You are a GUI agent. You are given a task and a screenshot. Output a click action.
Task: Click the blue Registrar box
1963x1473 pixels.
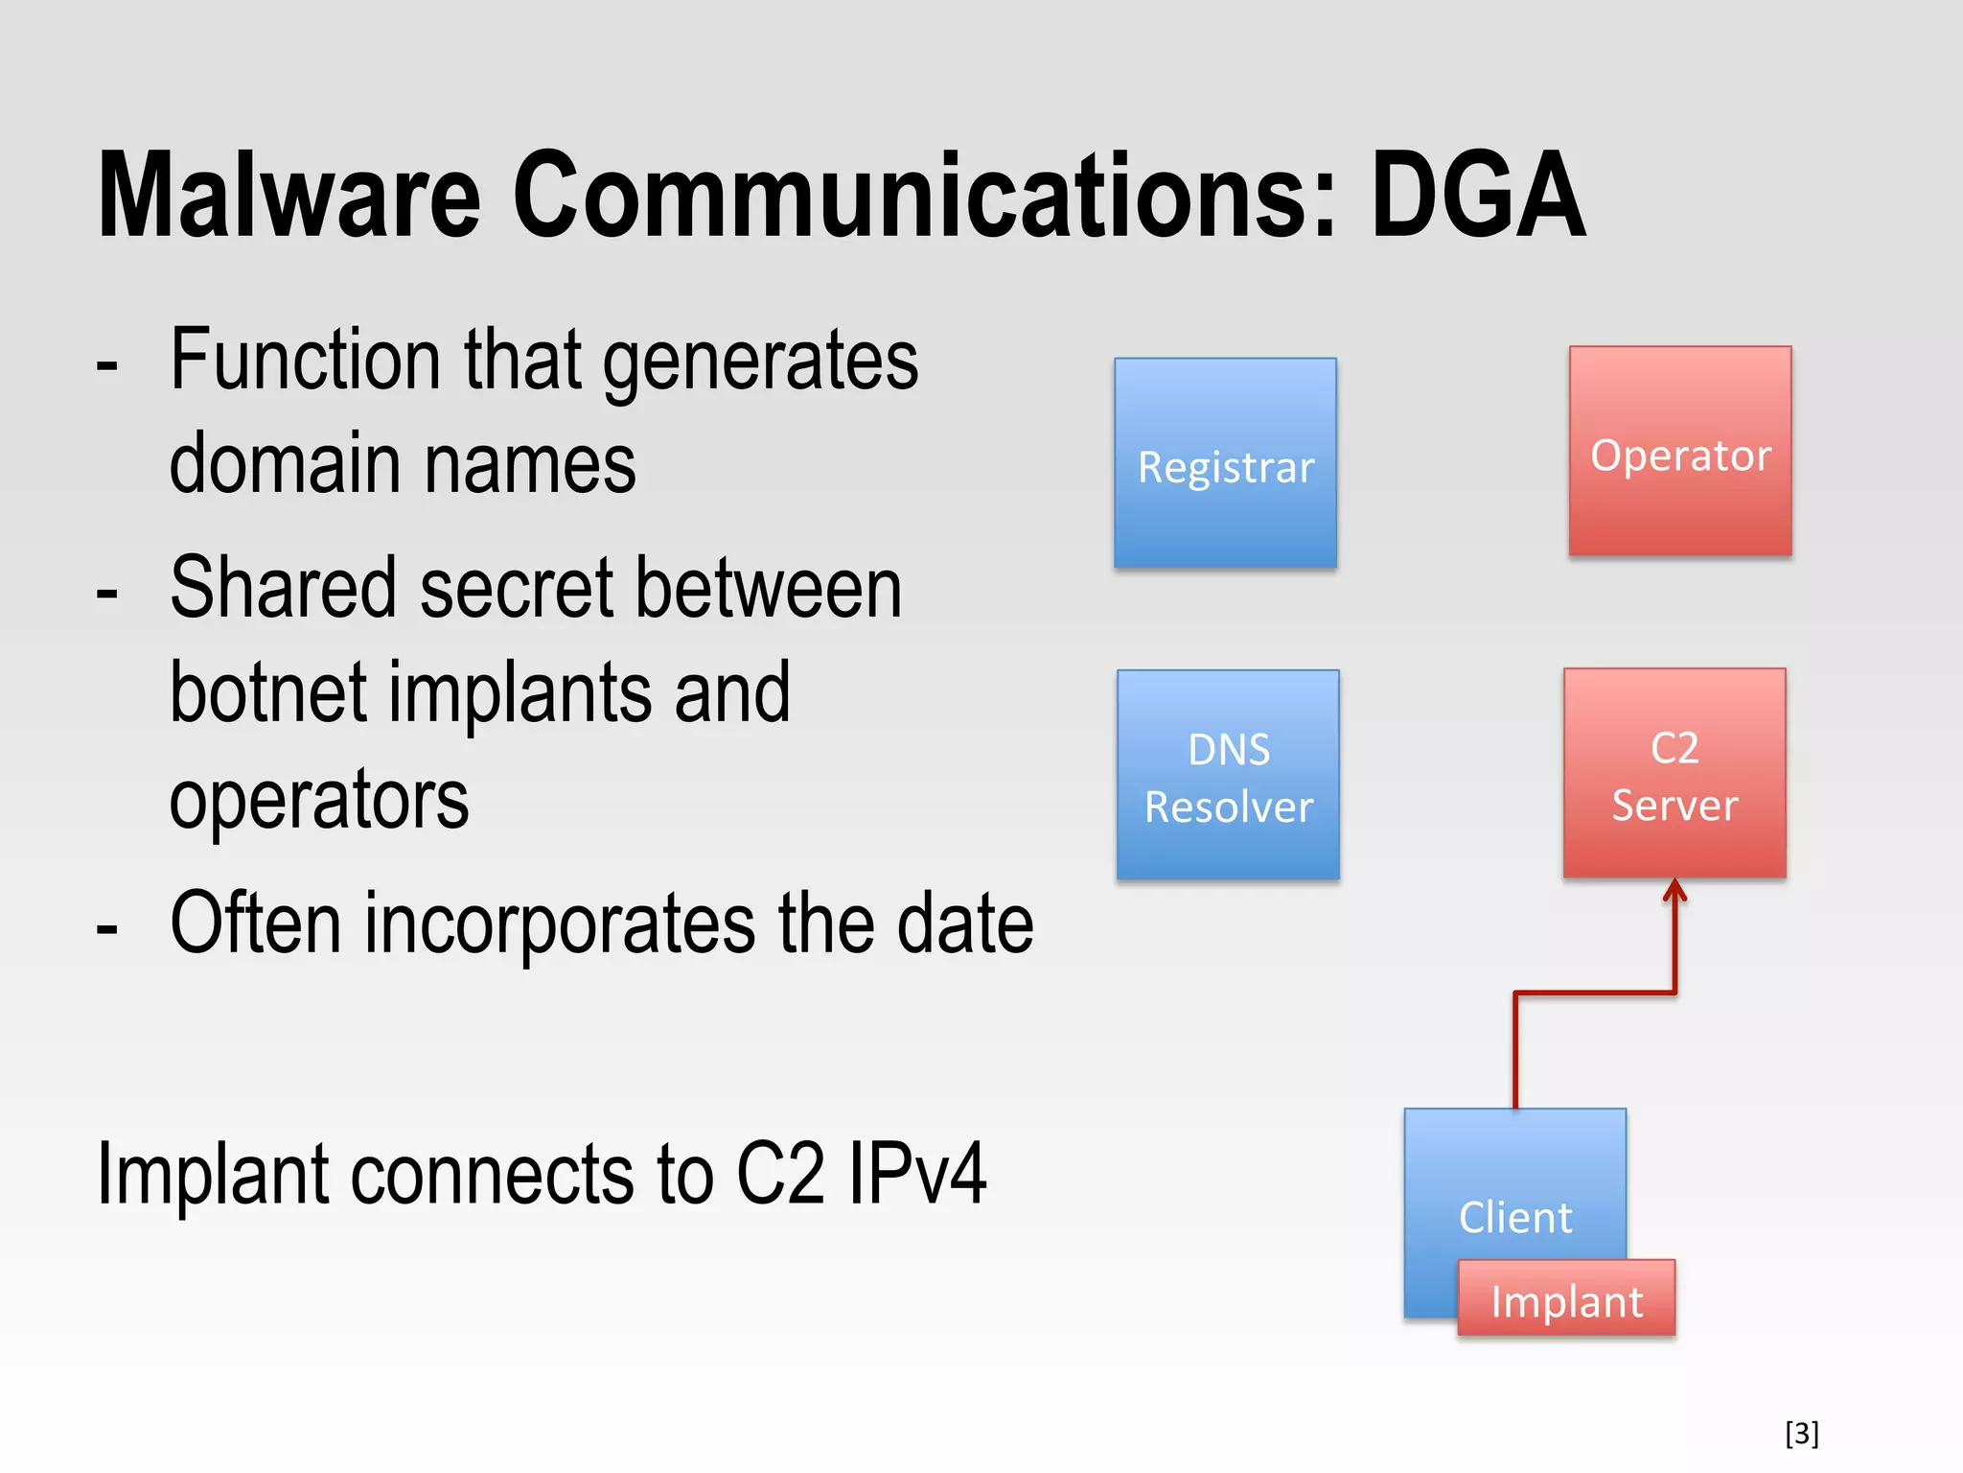tap(1225, 463)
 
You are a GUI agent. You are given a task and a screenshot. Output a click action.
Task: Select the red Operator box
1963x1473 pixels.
tap(1680, 451)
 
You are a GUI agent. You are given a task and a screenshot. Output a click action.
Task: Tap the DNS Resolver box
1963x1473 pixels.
tap(1228, 775)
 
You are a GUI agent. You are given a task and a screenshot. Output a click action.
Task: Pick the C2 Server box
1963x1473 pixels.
tap(1674, 773)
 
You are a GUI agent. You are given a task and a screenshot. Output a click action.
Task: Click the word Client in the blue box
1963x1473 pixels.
tap(1515, 1217)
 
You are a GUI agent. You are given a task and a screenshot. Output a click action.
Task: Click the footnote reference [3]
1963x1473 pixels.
tap(1802, 1433)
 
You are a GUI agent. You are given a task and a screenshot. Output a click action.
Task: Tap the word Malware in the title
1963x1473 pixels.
tap(289, 196)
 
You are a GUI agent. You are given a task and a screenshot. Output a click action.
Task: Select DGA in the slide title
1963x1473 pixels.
tap(1478, 196)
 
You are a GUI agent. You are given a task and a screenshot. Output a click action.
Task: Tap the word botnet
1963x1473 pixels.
tap(268, 692)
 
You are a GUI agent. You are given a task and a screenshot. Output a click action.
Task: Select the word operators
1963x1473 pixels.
tap(319, 800)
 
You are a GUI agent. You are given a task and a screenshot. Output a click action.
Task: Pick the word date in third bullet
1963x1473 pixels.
tap(965, 923)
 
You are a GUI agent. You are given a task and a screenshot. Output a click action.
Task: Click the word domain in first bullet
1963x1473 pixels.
tap(285, 464)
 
